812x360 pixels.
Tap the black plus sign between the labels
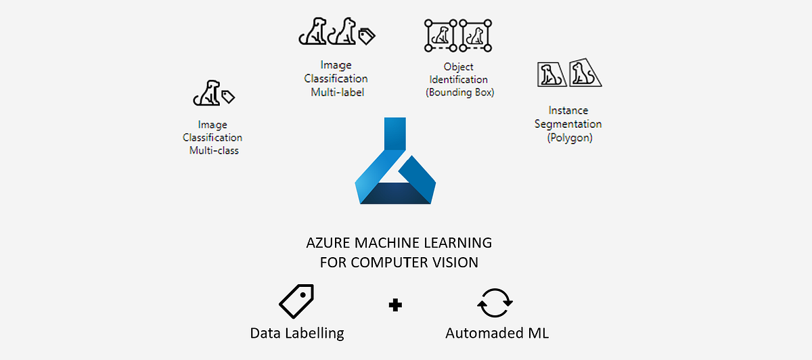click(x=395, y=305)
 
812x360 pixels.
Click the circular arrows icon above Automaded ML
click(x=495, y=303)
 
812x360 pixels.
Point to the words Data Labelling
click(x=297, y=333)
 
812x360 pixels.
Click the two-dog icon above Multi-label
click(x=337, y=31)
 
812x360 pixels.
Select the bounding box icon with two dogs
click(x=458, y=35)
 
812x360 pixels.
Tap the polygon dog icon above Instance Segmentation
click(x=568, y=72)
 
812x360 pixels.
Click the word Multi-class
click(x=214, y=150)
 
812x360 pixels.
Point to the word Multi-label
click(x=337, y=92)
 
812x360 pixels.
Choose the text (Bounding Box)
click(x=460, y=93)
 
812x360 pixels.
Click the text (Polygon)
click(x=568, y=138)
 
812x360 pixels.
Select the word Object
click(x=458, y=67)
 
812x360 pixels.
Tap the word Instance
click(x=568, y=110)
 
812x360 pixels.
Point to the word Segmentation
click(x=568, y=124)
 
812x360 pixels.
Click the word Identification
click(x=458, y=80)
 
